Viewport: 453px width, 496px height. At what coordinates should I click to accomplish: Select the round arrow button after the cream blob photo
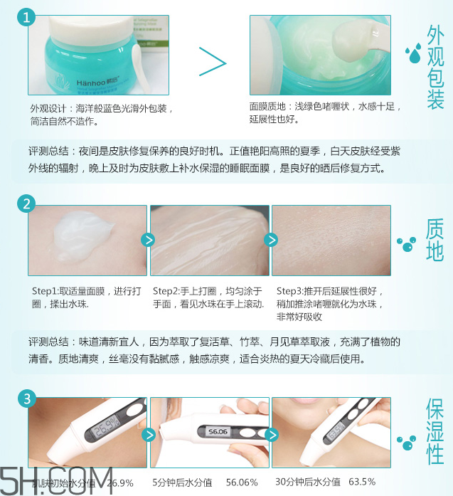tap(148, 240)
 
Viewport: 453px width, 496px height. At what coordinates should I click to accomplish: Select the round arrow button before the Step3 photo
tap(270, 240)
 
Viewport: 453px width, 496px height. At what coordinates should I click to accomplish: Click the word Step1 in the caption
tap(47, 291)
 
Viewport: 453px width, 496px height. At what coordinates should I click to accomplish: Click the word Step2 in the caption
tap(169, 291)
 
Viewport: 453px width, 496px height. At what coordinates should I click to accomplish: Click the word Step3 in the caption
tap(291, 291)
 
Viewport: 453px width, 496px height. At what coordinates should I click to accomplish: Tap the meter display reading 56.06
tap(219, 431)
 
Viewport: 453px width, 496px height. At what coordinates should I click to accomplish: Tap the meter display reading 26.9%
tap(107, 430)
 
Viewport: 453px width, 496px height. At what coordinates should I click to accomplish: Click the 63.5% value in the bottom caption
tap(361, 482)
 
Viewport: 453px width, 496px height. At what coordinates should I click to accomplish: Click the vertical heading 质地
tap(434, 241)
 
